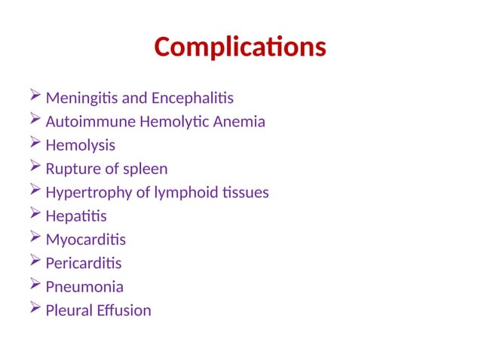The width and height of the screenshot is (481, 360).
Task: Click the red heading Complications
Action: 240,47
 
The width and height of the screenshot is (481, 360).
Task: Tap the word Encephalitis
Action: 193,99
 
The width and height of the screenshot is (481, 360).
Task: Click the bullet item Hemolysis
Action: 81,145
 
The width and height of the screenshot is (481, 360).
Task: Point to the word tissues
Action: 245,193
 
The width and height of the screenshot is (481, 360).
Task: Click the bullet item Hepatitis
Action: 75,216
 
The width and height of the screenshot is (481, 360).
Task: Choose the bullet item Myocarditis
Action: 86,240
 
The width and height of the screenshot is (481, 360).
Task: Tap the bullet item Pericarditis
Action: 83,264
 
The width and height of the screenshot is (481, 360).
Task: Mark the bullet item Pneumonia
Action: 84,287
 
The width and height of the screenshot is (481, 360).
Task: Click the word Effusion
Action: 124,310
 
